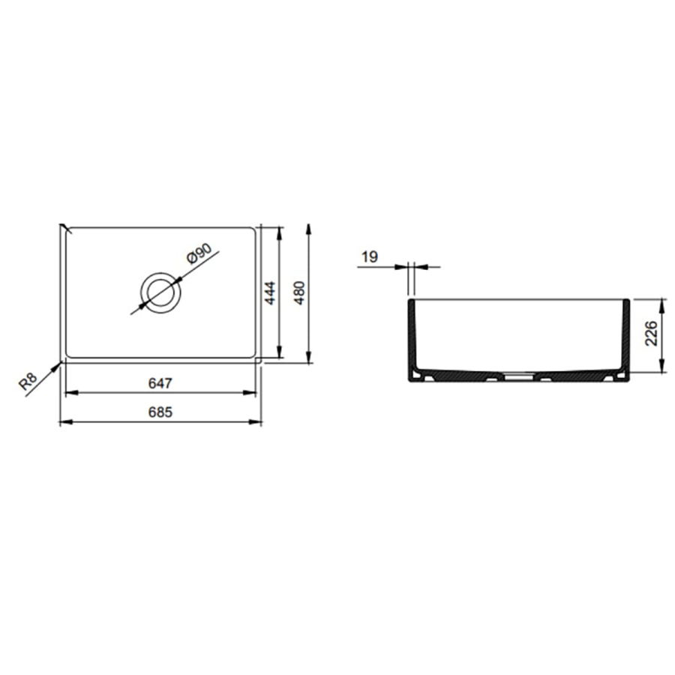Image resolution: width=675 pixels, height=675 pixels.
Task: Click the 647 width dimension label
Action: click(x=160, y=382)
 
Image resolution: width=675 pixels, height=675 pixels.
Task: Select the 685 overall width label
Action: click(x=160, y=412)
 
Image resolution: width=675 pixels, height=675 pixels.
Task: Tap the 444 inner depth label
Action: click(x=269, y=292)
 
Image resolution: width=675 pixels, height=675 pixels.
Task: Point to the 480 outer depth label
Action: click(x=299, y=292)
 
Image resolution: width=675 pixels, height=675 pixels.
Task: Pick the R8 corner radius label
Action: click(x=28, y=382)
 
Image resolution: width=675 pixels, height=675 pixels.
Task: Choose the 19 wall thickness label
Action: click(x=369, y=257)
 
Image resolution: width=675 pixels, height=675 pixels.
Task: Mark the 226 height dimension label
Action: click(x=652, y=333)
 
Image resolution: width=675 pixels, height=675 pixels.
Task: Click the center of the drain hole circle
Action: click(x=160, y=292)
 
